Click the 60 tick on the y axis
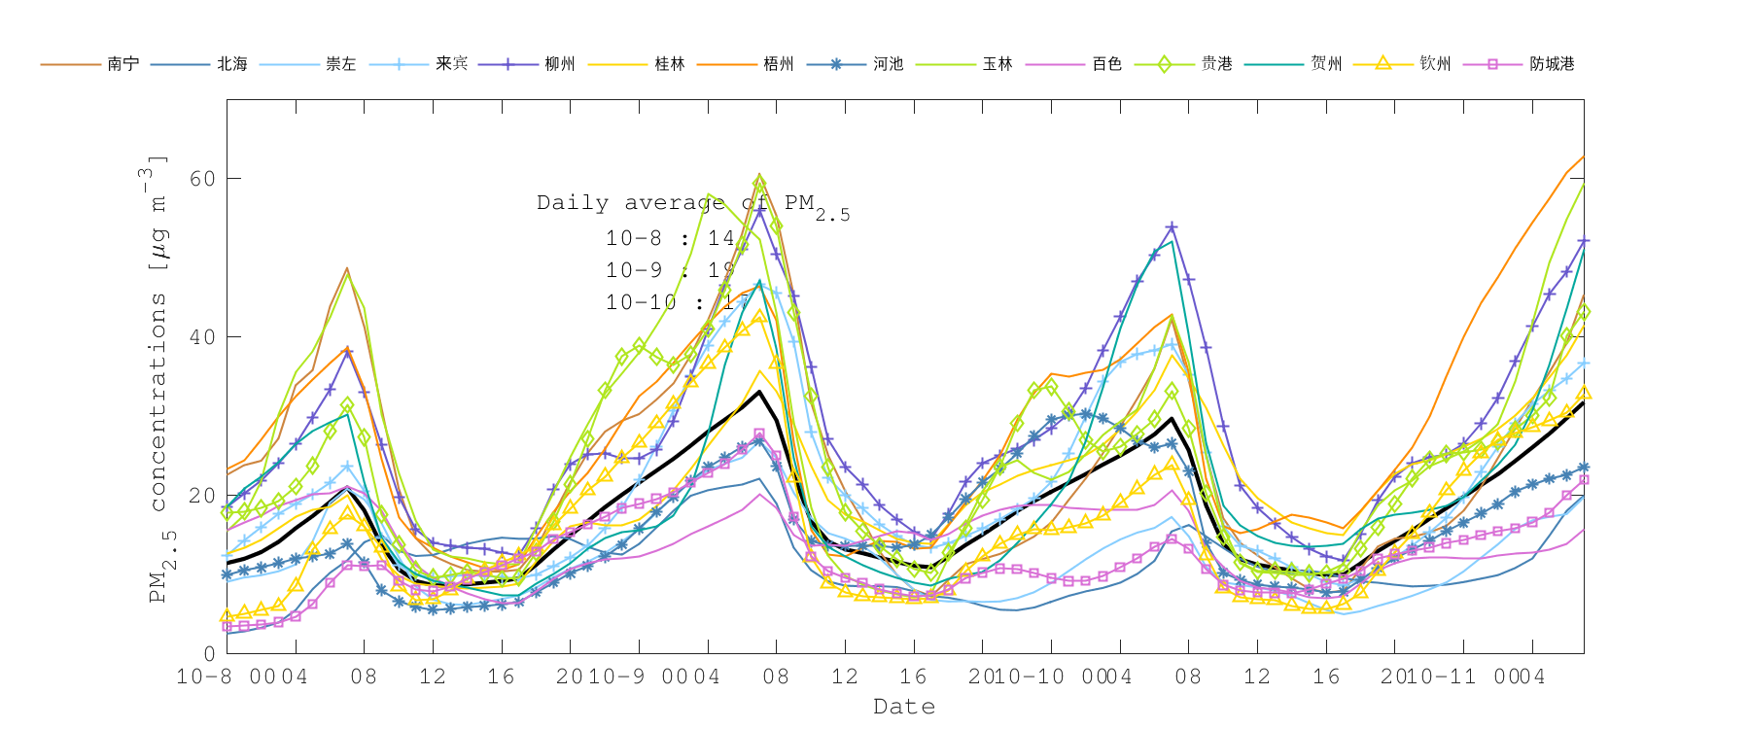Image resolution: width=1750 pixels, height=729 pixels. coord(202,179)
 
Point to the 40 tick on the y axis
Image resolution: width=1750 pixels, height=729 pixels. coord(202,337)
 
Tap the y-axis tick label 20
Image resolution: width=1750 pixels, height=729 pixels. coord(202,496)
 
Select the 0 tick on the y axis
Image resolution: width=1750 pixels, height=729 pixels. coord(209,654)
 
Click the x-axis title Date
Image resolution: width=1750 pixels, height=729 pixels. coord(904,707)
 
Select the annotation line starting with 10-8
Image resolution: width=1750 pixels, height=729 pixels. coord(670,238)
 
